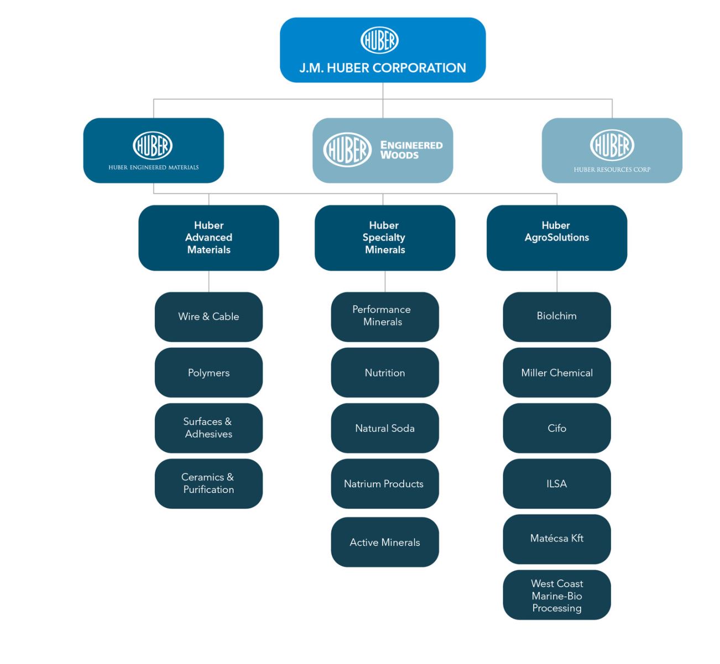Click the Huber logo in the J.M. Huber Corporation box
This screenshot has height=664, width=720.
point(379,40)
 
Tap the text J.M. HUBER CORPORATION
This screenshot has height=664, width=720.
point(383,68)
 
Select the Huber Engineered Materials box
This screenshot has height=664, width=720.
point(154,151)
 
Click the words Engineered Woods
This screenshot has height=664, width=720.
point(411,150)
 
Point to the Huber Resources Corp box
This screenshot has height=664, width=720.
point(612,151)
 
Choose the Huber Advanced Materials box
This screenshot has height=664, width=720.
point(208,238)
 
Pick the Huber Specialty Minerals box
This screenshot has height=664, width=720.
point(385,238)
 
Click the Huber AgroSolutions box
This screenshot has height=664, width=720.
point(557,238)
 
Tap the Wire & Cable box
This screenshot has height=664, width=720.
point(208,317)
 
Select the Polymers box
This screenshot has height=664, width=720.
point(208,372)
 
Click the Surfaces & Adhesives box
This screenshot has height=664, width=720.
point(208,428)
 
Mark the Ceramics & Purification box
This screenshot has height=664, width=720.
point(208,484)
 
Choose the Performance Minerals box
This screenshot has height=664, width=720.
point(385,317)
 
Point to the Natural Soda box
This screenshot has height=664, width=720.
point(385,428)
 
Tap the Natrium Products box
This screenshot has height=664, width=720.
point(385,484)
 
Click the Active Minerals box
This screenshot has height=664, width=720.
point(385,542)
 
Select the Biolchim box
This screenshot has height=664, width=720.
point(557,317)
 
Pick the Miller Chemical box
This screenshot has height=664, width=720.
point(557,372)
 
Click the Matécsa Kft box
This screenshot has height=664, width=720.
point(557,539)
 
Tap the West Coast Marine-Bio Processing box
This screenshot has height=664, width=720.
point(557,595)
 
